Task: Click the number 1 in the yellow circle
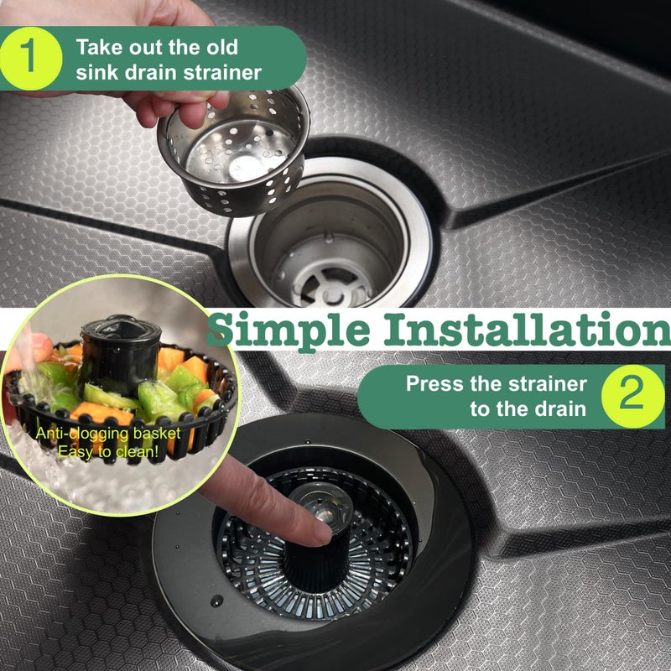29,56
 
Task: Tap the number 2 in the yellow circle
632,393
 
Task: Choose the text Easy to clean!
108,451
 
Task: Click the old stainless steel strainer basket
234,152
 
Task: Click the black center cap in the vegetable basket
121,354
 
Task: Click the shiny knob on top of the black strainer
322,506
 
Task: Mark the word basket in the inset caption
157,434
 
